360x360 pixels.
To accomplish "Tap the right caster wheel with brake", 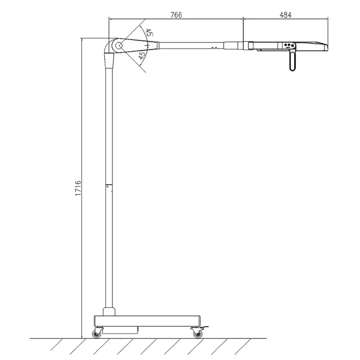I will coord(197,333).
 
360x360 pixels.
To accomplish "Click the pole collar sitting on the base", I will coord(109,311).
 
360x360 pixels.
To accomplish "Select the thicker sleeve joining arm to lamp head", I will coord(234,45).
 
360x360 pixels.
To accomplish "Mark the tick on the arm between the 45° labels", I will coord(147,45).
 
